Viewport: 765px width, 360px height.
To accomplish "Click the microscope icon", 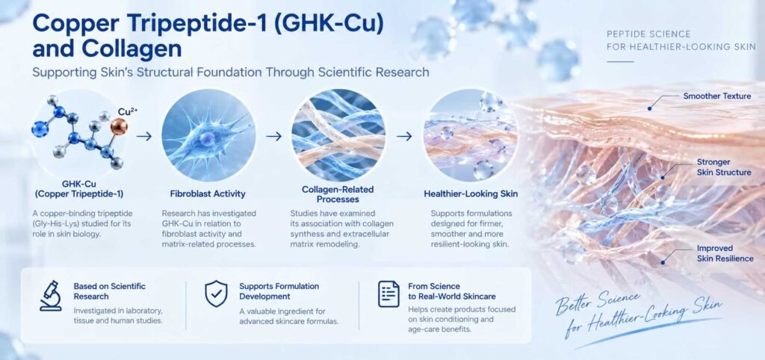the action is click(51, 296).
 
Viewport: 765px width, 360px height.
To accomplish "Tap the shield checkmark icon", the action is click(216, 294).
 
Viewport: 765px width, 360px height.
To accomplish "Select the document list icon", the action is click(388, 294).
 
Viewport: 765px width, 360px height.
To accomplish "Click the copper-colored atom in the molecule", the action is click(119, 127).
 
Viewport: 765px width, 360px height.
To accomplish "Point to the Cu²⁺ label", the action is click(128, 112).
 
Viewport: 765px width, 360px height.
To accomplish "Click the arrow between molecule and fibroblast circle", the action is click(144, 137).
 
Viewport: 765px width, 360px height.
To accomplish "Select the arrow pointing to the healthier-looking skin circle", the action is click(404, 137).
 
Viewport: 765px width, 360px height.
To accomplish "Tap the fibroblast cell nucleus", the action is click(207, 138).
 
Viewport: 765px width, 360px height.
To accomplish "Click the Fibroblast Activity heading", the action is click(208, 193).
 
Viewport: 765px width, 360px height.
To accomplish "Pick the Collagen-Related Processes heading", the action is click(338, 194).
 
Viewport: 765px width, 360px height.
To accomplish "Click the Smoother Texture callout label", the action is click(716, 96).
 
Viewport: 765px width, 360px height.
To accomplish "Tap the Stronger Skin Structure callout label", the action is click(723, 167).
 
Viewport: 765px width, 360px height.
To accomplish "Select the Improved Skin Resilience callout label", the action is click(725, 254).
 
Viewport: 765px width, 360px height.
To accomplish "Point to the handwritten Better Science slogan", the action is click(639, 313).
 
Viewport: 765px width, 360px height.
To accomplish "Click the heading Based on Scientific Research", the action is click(109, 291).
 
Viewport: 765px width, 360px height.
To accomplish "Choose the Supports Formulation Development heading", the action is click(279, 291).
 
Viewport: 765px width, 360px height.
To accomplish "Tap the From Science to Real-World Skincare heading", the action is click(452, 291).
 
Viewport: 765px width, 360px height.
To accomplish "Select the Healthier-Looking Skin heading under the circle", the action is click(471, 193).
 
